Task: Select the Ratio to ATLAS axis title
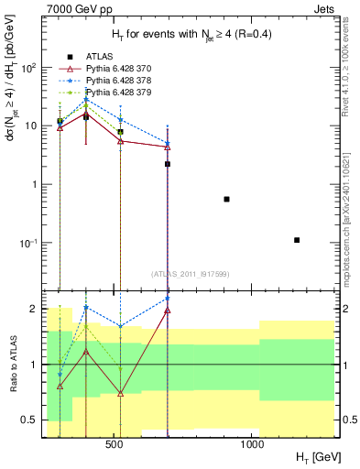15,365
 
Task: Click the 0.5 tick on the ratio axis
35,420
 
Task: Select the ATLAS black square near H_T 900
226,199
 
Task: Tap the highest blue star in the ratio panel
168,299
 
